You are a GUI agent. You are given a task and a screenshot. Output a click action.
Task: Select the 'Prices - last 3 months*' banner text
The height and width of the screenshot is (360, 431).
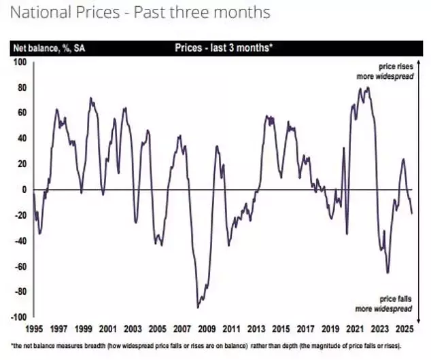tap(223, 48)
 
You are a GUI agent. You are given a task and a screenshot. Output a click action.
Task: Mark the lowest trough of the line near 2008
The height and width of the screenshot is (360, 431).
tap(198, 307)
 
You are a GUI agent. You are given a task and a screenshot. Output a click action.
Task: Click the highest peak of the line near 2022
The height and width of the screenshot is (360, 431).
tap(368, 87)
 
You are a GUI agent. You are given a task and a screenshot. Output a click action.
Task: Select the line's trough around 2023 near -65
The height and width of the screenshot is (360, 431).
tap(387, 273)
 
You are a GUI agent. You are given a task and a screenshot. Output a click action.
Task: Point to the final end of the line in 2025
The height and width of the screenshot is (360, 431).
tap(411, 213)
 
